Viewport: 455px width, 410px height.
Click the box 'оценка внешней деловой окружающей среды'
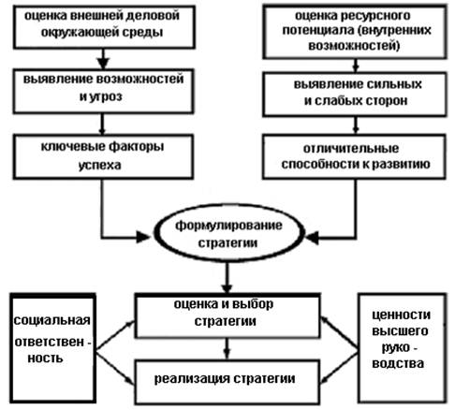pos(104,27)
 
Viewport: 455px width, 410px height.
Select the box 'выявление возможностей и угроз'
pos(103,91)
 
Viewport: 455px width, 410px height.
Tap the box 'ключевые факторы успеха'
pos(103,156)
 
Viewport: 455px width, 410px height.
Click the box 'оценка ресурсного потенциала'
pos(355,32)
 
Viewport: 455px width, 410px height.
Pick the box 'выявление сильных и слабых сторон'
pos(355,95)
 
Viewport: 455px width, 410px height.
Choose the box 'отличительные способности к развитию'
pos(354,156)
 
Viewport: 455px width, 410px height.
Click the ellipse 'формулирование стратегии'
pos(228,233)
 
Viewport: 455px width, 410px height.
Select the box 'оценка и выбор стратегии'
pos(227,315)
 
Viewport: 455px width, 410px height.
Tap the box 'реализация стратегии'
pos(227,382)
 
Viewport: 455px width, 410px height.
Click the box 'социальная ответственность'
pos(52,348)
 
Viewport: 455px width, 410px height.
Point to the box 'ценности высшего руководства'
pos(403,348)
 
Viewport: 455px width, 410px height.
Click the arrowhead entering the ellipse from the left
pos(143,238)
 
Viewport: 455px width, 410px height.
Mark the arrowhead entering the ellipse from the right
pos(313,238)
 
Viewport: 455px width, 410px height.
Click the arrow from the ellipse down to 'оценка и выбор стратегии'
pos(227,278)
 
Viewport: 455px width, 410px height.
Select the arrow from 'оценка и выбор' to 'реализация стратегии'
pos(227,349)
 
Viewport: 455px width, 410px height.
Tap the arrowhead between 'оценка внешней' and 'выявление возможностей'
pos(103,64)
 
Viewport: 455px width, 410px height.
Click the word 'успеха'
pos(100,166)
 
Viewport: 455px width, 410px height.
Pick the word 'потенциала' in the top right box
pos(318,31)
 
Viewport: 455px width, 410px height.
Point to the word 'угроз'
pos(106,96)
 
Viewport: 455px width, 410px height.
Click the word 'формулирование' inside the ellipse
pos(228,226)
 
